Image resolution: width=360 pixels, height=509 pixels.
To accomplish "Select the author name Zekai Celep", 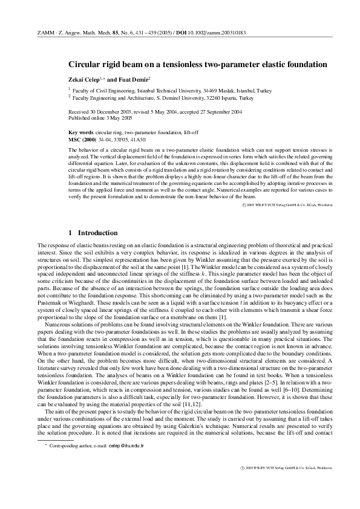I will (85, 79).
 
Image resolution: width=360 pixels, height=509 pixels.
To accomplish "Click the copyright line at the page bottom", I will (285, 485).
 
